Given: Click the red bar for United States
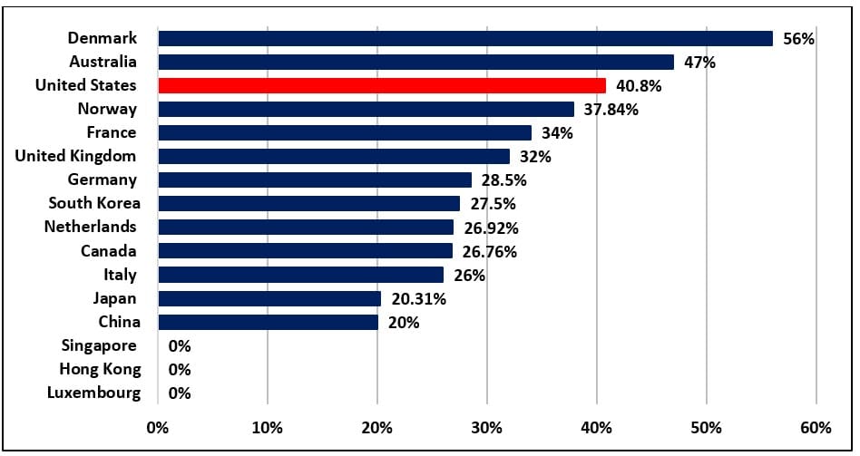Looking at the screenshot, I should [382, 85].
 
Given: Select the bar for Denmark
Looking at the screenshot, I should [464, 38].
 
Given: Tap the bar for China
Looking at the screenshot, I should [268, 322].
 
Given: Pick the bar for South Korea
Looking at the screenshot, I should [308, 203].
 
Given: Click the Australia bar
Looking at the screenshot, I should [415, 62].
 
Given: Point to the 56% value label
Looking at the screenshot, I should [799, 39].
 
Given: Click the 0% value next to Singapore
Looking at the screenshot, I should [180, 346].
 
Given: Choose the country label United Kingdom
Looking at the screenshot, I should [76, 156].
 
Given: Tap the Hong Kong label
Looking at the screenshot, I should [101, 369].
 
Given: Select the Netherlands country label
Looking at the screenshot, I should [91, 227].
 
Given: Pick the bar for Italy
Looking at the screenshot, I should [301, 275].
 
